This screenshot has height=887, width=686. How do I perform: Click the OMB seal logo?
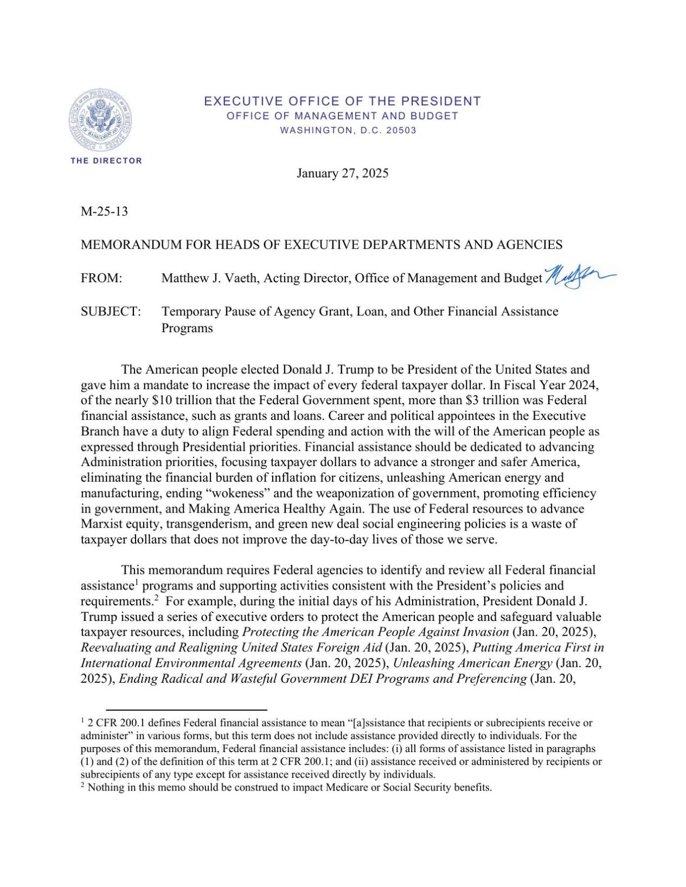(100, 121)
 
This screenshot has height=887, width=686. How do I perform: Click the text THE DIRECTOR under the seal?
(106, 161)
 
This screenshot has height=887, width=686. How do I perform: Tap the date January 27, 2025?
(342, 173)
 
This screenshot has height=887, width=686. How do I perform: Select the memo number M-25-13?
(104, 211)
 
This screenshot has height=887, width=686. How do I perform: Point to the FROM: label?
(101, 279)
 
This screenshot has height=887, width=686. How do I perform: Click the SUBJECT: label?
(111, 312)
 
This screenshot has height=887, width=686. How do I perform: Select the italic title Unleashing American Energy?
(472, 663)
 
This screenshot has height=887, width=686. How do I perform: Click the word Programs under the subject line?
(187, 328)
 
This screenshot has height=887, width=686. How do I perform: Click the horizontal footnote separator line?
(187, 709)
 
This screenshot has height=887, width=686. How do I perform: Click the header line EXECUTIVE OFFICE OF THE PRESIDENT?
(342, 101)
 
